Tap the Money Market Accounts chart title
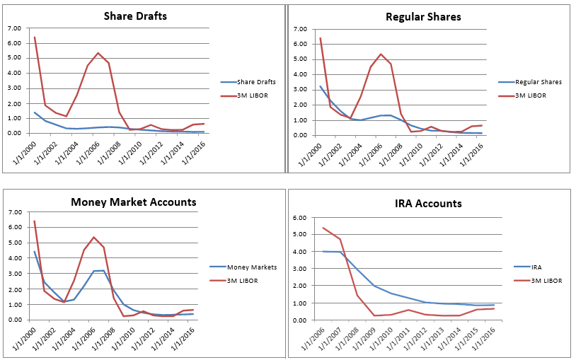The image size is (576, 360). pyautogui.click(x=133, y=202)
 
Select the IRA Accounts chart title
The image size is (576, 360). pyautogui.click(x=429, y=204)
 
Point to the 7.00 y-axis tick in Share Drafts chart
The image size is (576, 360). pyautogui.click(x=14, y=28)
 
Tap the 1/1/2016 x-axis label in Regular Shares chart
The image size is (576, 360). pyautogui.click(x=470, y=153)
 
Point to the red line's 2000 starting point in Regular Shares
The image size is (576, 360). pyautogui.click(x=321, y=38)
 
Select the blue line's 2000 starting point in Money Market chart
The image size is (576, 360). pyautogui.click(x=34, y=251)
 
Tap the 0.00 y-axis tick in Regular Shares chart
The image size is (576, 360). pyautogui.click(x=300, y=134)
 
